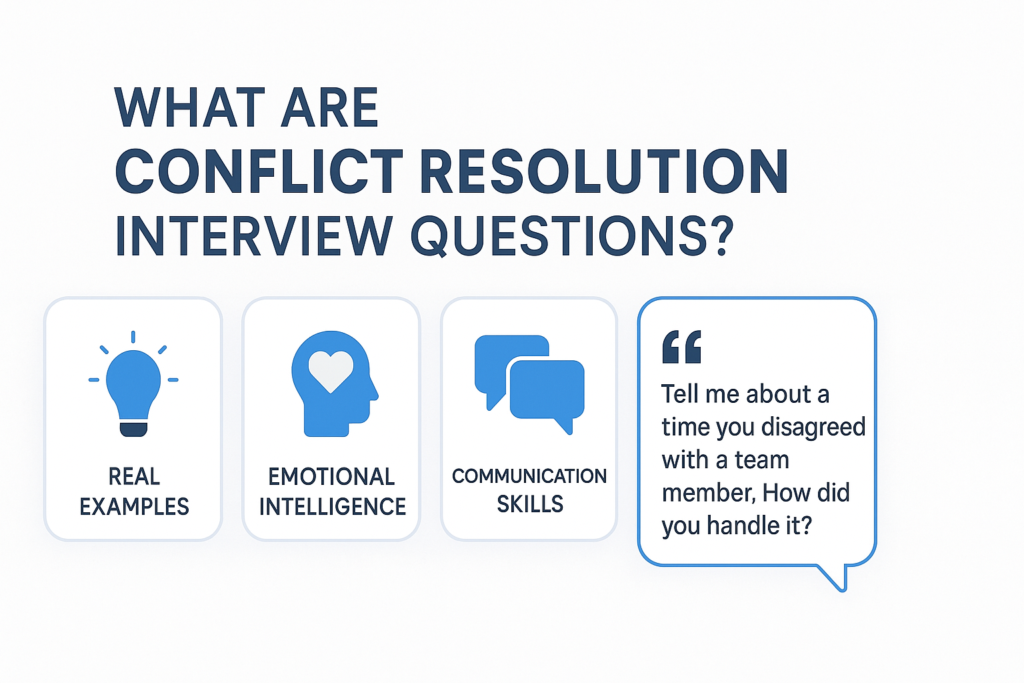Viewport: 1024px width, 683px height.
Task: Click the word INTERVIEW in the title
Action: (x=254, y=236)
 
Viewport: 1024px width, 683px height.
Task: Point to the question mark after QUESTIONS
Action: (x=721, y=235)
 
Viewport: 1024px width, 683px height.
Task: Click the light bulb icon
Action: (x=133, y=384)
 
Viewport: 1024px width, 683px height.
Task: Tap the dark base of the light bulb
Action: (x=133, y=429)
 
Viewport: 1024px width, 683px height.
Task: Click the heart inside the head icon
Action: (x=331, y=371)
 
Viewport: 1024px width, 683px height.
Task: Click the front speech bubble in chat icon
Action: (x=547, y=392)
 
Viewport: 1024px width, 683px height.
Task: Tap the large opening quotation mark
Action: (x=681, y=347)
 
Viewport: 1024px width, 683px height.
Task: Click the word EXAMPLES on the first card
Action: (x=134, y=506)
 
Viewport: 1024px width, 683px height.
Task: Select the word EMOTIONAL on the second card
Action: (x=331, y=476)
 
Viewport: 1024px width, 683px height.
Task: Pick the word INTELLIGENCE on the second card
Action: (x=333, y=506)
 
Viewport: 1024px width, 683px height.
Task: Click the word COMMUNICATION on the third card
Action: (x=529, y=476)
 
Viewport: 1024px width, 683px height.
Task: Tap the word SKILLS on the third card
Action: (x=530, y=504)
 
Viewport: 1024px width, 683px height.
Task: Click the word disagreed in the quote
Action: (x=814, y=428)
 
